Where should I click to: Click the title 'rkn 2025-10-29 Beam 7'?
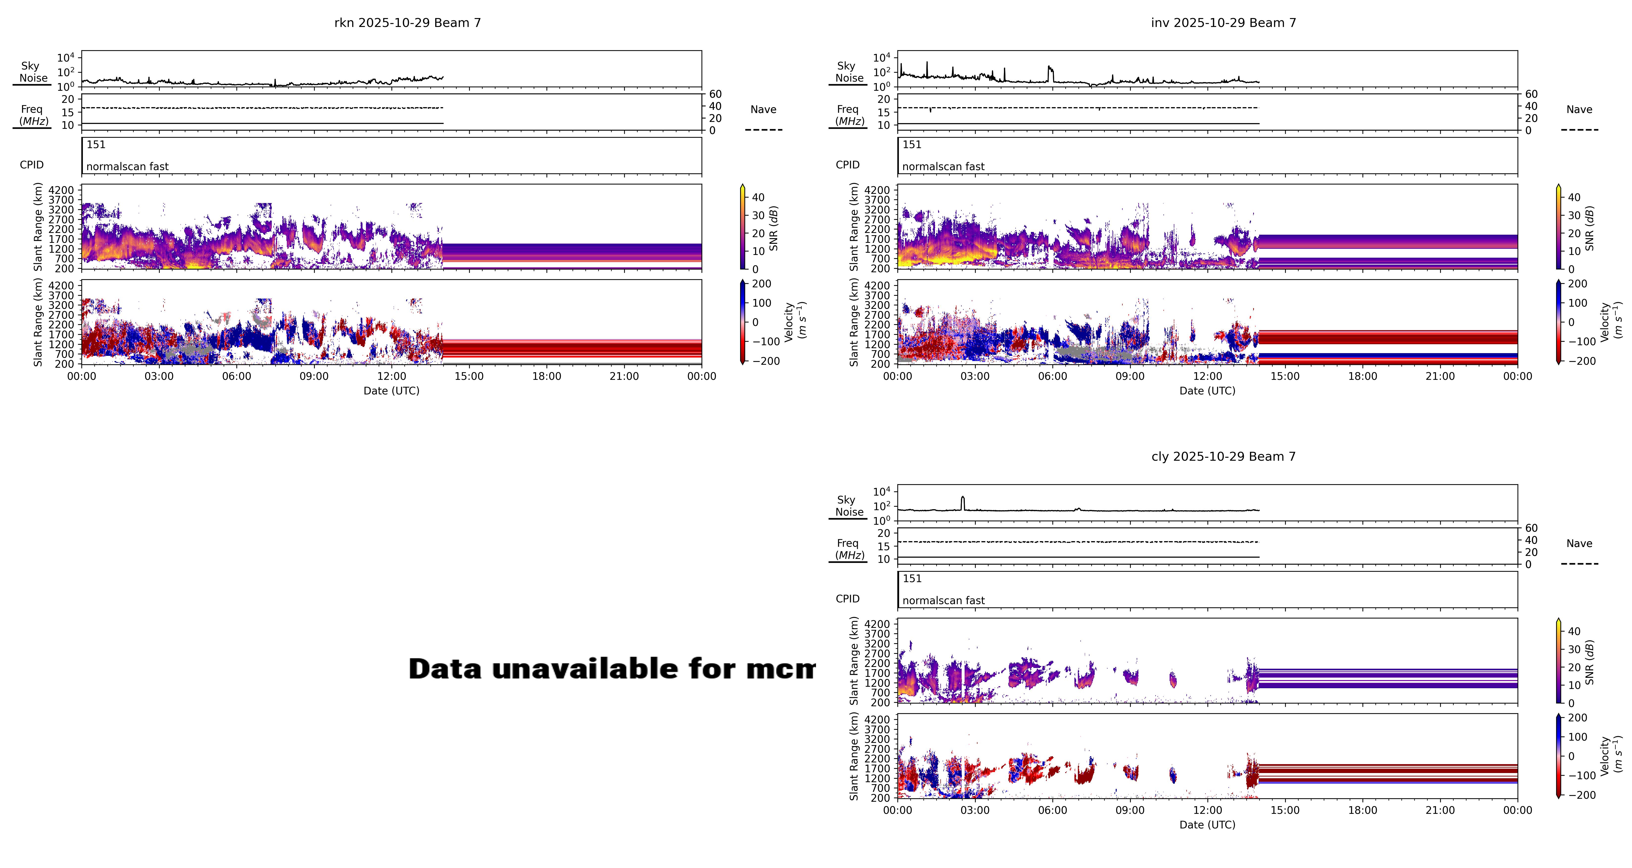pyautogui.click(x=407, y=23)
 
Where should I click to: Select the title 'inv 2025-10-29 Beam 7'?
pyautogui.click(x=1223, y=23)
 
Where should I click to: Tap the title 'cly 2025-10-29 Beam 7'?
pyautogui.click(x=1223, y=457)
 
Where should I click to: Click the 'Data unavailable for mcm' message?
pyautogui.click(x=611, y=669)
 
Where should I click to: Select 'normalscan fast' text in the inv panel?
pyautogui.click(x=943, y=167)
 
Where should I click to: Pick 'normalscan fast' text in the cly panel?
pyautogui.click(x=943, y=601)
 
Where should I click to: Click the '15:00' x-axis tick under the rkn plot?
pyautogui.click(x=469, y=376)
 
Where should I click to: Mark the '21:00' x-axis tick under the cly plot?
pyautogui.click(x=1440, y=810)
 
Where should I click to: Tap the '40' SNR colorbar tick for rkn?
pyautogui.click(x=758, y=197)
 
